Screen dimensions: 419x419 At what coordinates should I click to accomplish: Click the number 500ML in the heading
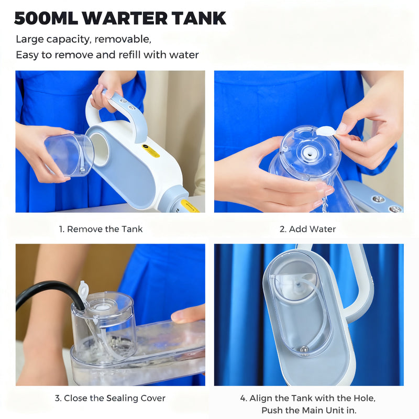pos(47,18)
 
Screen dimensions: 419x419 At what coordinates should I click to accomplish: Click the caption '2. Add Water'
pos(307,229)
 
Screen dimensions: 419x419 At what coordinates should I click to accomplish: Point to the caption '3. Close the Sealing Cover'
pos(110,399)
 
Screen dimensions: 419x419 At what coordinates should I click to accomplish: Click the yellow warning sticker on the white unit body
pos(151,151)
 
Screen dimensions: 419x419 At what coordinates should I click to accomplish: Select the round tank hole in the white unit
pos(100,149)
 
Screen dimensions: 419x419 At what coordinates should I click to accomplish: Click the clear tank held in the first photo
pos(69,154)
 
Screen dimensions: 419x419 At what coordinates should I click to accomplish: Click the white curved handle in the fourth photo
pos(361,293)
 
